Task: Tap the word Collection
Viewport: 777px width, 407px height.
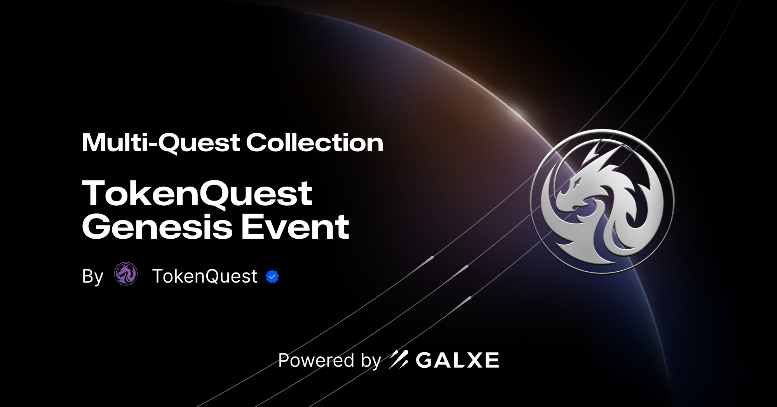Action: [314, 143]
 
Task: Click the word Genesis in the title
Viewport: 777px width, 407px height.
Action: [157, 227]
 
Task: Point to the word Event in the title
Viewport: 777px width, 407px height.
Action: [295, 227]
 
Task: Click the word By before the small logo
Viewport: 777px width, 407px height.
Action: [92, 276]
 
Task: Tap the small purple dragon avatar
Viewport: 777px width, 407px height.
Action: [126, 274]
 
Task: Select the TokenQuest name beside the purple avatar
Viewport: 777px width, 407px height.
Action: [204, 276]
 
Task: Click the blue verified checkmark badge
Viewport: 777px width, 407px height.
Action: [272, 276]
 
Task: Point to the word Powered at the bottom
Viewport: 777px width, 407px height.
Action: [316, 360]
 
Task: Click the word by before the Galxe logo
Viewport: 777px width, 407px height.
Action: [371, 361]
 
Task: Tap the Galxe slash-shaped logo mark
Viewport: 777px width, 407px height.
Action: [399, 360]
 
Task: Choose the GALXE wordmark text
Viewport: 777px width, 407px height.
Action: [457, 360]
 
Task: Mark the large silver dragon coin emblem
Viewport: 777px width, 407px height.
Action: [602, 201]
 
